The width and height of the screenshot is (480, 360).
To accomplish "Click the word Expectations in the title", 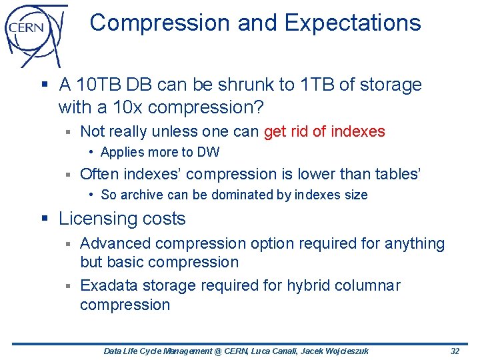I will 353,23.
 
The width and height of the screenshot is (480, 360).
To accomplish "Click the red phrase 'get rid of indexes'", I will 325,131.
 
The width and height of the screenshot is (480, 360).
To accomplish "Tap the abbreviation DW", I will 208,152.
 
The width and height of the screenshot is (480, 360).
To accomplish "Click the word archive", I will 141,195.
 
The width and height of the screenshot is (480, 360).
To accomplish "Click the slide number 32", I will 455,351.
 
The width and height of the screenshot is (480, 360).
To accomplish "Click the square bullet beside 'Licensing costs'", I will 45,219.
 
